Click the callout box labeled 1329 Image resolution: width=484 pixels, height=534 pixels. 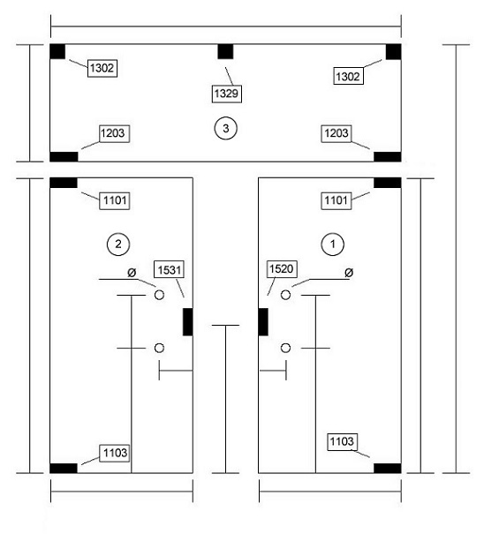(227, 94)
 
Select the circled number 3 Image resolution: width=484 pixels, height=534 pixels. (225, 128)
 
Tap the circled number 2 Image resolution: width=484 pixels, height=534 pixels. (118, 244)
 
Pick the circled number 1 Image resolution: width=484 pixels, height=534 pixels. (333, 244)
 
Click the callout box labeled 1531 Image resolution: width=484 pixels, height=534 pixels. (170, 270)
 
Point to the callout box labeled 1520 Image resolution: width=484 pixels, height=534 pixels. (282, 268)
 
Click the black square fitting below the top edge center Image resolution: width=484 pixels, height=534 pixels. (225, 51)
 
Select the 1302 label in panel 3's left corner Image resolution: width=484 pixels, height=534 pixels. (102, 68)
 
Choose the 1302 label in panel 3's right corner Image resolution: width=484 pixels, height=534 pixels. (348, 76)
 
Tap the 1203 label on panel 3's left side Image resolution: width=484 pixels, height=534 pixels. (115, 133)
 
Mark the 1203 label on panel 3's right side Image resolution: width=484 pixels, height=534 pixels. (337, 133)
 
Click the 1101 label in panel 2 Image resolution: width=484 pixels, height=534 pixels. (115, 200)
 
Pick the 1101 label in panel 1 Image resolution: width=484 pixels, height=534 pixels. (337, 200)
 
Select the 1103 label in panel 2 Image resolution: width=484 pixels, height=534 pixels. (115, 453)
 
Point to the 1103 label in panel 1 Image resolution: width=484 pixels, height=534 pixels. (342, 441)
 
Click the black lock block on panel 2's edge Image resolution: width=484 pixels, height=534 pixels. (188, 322)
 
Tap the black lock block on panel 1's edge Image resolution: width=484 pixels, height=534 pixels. (263, 322)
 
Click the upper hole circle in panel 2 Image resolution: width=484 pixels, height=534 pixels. (159, 295)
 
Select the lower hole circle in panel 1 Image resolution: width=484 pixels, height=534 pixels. (285, 348)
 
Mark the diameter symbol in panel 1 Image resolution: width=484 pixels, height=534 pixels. (349, 273)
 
